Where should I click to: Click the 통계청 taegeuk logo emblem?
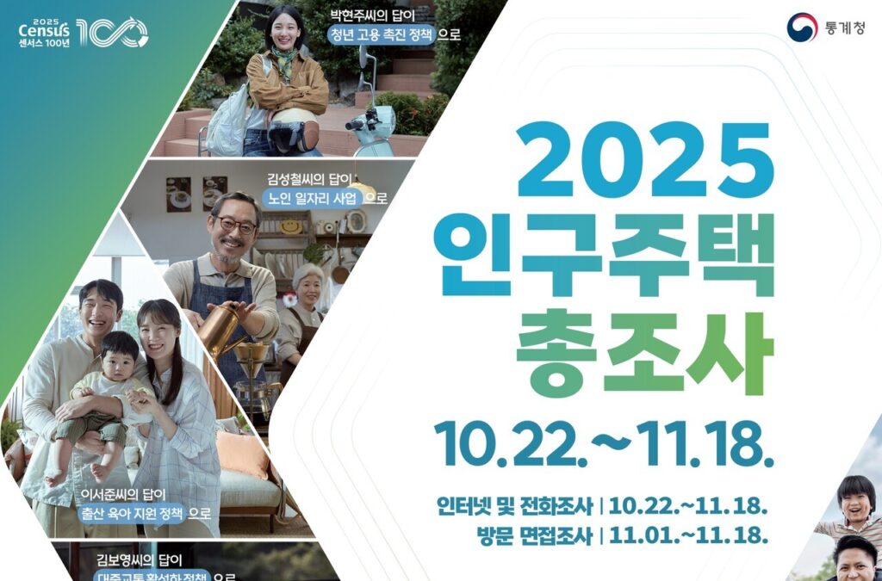(x=801, y=27)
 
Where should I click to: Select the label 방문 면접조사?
(x=533, y=535)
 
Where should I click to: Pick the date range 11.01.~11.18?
(x=689, y=535)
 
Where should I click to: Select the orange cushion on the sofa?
(x=244, y=454)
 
